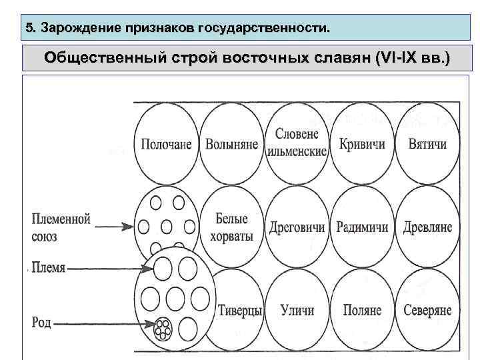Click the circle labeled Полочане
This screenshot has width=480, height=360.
166,144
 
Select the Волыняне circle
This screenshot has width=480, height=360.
231,144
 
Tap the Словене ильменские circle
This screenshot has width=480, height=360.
297,143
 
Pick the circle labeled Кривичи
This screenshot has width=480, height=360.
361,144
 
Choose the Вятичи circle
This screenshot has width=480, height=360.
426,144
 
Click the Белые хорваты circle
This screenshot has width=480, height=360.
231,227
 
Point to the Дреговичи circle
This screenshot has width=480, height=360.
297,227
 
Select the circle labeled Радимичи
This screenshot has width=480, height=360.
361,227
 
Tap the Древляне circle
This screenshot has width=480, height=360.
426,227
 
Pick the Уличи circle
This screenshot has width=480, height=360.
297,310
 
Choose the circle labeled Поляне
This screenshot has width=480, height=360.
361,310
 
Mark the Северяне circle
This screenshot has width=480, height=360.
426,310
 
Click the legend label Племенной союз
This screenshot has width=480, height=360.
61,227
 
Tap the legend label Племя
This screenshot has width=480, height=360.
48,268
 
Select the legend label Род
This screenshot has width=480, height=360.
41,323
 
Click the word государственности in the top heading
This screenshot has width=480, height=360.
273,29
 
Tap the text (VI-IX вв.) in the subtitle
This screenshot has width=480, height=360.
413,59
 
